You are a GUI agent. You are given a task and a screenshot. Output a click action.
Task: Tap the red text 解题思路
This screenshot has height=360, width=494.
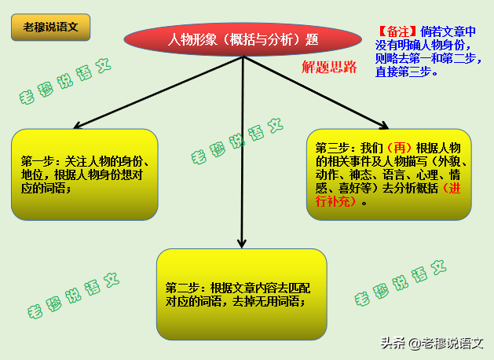(x=329, y=68)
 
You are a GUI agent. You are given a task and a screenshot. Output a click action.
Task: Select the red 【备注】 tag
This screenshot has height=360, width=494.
(x=398, y=31)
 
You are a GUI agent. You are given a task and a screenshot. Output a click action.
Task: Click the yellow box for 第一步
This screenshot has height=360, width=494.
(x=85, y=174)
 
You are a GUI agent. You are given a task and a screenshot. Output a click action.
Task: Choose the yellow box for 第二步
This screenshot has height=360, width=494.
(x=241, y=294)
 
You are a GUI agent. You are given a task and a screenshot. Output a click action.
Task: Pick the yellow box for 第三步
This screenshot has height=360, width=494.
(x=389, y=174)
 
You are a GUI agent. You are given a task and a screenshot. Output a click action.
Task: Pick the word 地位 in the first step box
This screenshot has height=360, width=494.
(x=32, y=174)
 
